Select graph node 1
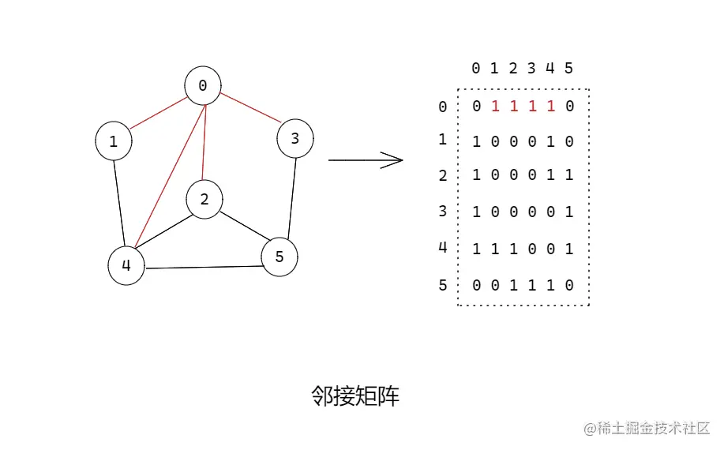click(x=114, y=141)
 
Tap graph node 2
click(x=204, y=200)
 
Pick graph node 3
click(x=295, y=139)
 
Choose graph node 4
click(x=126, y=266)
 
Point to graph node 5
click(x=279, y=257)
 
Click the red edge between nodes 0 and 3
click(x=250, y=108)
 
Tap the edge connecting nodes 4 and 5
click(x=203, y=267)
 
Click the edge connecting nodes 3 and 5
click(x=291, y=197)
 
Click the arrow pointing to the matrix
click(x=366, y=160)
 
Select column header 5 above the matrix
click(x=568, y=69)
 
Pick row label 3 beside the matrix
click(x=443, y=212)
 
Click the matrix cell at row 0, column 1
click(x=495, y=106)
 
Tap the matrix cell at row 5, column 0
click(x=476, y=285)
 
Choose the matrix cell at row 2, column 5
click(x=568, y=175)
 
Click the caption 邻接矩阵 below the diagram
click(x=355, y=396)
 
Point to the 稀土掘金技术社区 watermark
click(x=647, y=428)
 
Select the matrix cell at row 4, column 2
click(x=513, y=249)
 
